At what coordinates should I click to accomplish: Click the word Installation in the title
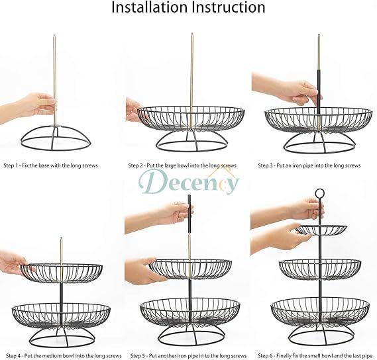tap(149, 7)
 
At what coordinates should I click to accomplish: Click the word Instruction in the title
tap(229, 7)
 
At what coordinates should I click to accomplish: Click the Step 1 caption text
tap(51, 165)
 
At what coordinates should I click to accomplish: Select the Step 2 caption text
tap(182, 165)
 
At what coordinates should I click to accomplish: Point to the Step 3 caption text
tap(309, 165)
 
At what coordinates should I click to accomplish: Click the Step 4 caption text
tap(64, 355)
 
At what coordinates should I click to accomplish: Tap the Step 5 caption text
tap(188, 355)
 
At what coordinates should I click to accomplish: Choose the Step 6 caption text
tap(315, 355)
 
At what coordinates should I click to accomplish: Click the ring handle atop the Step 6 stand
tap(320, 189)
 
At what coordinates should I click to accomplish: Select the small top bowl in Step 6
tap(321, 230)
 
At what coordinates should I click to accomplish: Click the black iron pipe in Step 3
tap(319, 91)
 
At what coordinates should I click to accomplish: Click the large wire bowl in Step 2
tap(191, 119)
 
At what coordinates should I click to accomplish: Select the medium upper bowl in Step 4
tap(62, 273)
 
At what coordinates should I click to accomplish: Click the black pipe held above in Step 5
tap(189, 214)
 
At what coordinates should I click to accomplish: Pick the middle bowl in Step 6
tap(320, 270)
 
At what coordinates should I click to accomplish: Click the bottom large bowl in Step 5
tap(190, 311)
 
